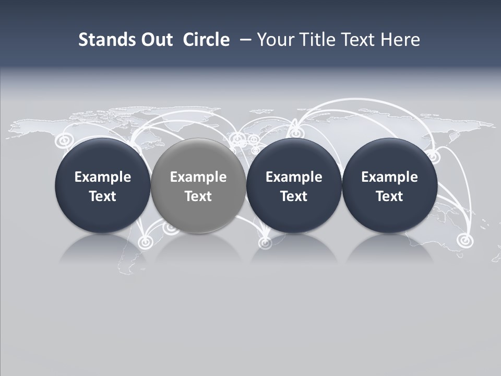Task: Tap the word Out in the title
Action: [x=156, y=40]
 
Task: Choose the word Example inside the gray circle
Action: [x=198, y=177]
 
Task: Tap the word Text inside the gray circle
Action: [x=198, y=196]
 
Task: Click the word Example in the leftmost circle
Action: [x=102, y=177]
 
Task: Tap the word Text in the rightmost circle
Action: [x=389, y=196]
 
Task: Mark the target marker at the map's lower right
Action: [x=463, y=240]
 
